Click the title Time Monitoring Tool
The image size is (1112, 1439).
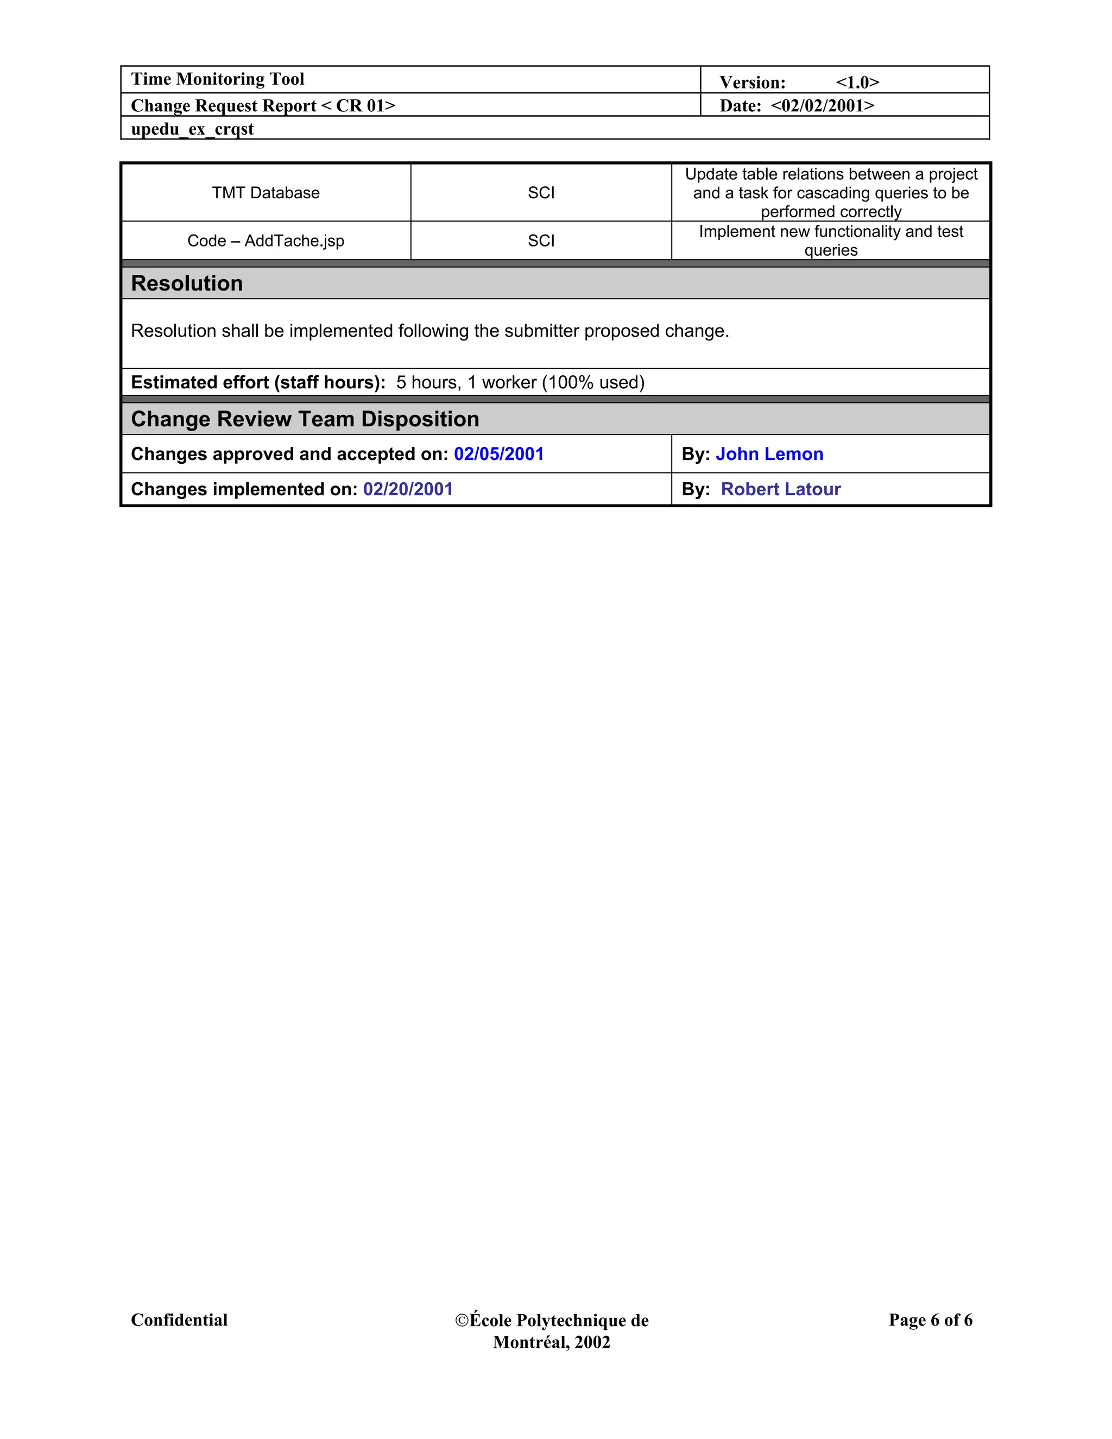coord(217,79)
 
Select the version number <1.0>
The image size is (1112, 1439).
coord(857,83)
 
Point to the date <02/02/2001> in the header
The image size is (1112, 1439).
coord(822,105)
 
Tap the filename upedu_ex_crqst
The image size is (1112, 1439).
coord(192,129)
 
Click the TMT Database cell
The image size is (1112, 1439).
coord(266,192)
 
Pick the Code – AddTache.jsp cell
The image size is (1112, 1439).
coord(266,241)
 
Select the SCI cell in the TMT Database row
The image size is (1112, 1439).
coord(541,192)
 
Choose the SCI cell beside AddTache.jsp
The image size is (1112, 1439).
coord(541,241)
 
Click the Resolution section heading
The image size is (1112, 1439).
coord(187,283)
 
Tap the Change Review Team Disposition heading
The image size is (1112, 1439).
coord(305,419)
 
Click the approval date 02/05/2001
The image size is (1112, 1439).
coord(498,454)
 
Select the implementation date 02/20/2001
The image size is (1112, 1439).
coord(408,489)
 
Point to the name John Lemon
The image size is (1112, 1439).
coord(769,454)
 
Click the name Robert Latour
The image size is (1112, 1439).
coord(781,489)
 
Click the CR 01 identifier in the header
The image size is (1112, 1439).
coord(359,105)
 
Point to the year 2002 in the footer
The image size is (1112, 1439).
coord(592,1342)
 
